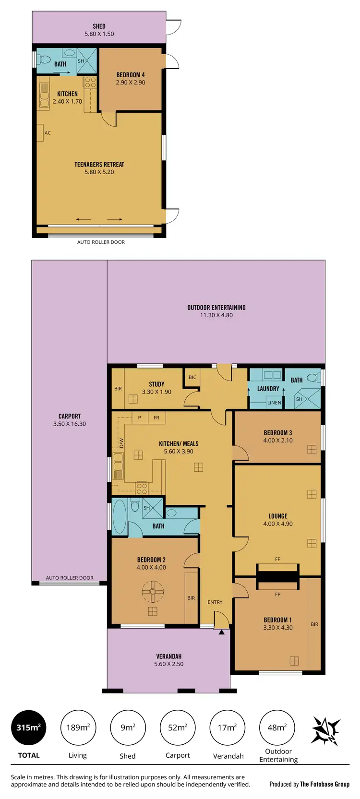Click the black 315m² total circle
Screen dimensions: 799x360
pyautogui.click(x=29, y=727)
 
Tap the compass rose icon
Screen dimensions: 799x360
pyautogui.click(x=326, y=730)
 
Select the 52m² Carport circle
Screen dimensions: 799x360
pyautogui.click(x=178, y=727)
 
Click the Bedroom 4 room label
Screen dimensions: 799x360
pyautogui.click(x=131, y=75)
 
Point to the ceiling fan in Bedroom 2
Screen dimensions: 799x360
pyautogui.click(x=153, y=591)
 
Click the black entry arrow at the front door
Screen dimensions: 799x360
pyautogui.click(x=221, y=632)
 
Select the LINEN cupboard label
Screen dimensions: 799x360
pyautogui.click(x=274, y=403)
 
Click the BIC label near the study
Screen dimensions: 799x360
pyautogui.click(x=192, y=377)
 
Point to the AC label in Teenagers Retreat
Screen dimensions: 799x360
pyautogui.click(x=48, y=133)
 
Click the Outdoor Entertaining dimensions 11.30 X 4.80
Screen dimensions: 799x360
pyautogui.click(x=216, y=315)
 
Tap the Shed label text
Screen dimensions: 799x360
pyautogui.click(x=99, y=26)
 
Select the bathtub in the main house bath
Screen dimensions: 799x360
pyautogui.click(x=120, y=516)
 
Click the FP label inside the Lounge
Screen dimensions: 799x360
pyautogui.click(x=277, y=559)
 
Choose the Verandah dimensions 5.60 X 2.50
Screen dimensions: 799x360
pyautogui.click(x=168, y=664)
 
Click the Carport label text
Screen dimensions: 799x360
pyautogui.click(x=70, y=416)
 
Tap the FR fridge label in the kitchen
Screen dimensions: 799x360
pyautogui.click(x=156, y=417)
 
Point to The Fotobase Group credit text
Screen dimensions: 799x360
pyautogui.click(x=324, y=784)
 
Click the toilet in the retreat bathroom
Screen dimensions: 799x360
pyautogui.click(x=45, y=60)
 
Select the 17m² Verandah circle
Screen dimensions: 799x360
pyautogui.click(x=228, y=727)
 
